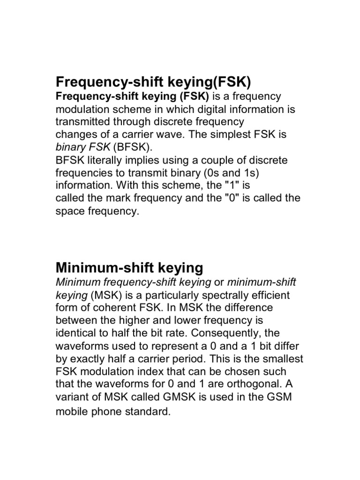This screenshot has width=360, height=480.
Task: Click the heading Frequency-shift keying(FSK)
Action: click(x=154, y=82)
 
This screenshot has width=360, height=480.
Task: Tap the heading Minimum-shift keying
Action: click(x=129, y=268)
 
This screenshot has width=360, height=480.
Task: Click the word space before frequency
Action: click(x=70, y=211)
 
